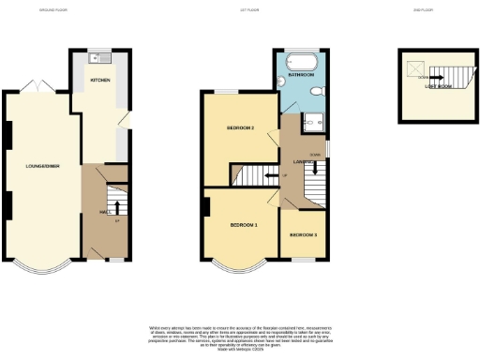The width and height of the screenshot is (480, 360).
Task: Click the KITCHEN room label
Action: point(100,81)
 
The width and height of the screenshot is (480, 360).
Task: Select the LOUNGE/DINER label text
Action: point(42,166)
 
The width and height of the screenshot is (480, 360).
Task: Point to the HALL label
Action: point(105,212)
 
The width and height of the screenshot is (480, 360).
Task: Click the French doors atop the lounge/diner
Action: point(38,86)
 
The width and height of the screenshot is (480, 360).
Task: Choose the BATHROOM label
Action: point(301,73)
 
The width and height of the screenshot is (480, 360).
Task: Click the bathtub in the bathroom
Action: point(303,58)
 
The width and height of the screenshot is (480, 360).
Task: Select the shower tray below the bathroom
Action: point(314,119)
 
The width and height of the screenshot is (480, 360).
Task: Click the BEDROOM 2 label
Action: point(240,127)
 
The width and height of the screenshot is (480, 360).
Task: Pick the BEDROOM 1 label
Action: point(243,226)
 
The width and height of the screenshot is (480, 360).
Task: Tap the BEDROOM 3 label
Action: point(303,233)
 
